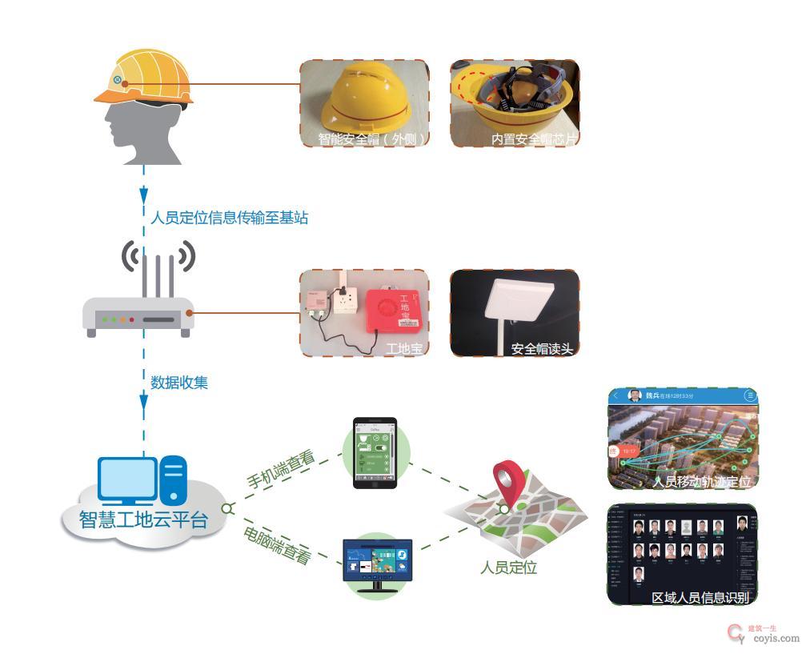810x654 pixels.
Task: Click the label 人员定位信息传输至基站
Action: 229,217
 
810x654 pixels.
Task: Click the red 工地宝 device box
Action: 393,310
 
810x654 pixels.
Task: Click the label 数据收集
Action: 179,383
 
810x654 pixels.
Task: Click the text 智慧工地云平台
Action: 143,520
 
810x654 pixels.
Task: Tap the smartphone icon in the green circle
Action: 375,452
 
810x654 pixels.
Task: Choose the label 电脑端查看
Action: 277,544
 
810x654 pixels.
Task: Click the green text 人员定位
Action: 508,568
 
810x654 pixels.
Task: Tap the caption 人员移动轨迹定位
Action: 702,482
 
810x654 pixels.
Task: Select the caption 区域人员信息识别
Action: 700,597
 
